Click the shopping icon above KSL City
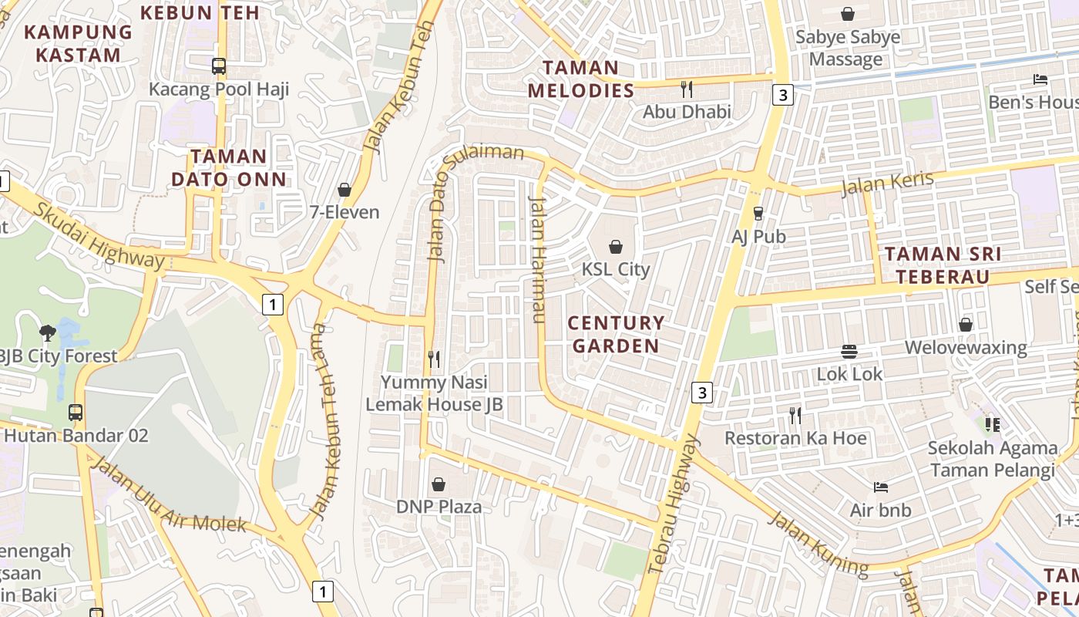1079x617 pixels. (x=616, y=247)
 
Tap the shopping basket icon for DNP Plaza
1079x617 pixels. (x=439, y=484)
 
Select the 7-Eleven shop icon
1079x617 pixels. (x=345, y=190)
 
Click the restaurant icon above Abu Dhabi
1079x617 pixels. (x=687, y=89)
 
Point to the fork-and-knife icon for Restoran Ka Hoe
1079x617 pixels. (x=795, y=416)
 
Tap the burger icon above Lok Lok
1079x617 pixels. (x=849, y=352)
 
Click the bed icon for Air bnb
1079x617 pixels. (x=881, y=487)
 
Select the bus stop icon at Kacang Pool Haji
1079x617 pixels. (x=219, y=66)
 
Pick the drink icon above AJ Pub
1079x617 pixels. (x=758, y=214)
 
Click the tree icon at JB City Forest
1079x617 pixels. (x=48, y=333)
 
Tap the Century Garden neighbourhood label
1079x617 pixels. (x=616, y=334)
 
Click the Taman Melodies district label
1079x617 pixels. (x=581, y=79)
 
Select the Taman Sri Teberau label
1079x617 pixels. (x=943, y=265)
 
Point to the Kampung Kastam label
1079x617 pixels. (x=78, y=43)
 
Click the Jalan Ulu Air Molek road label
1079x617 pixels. (x=169, y=496)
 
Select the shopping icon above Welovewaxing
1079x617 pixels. (x=966, y=325)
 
